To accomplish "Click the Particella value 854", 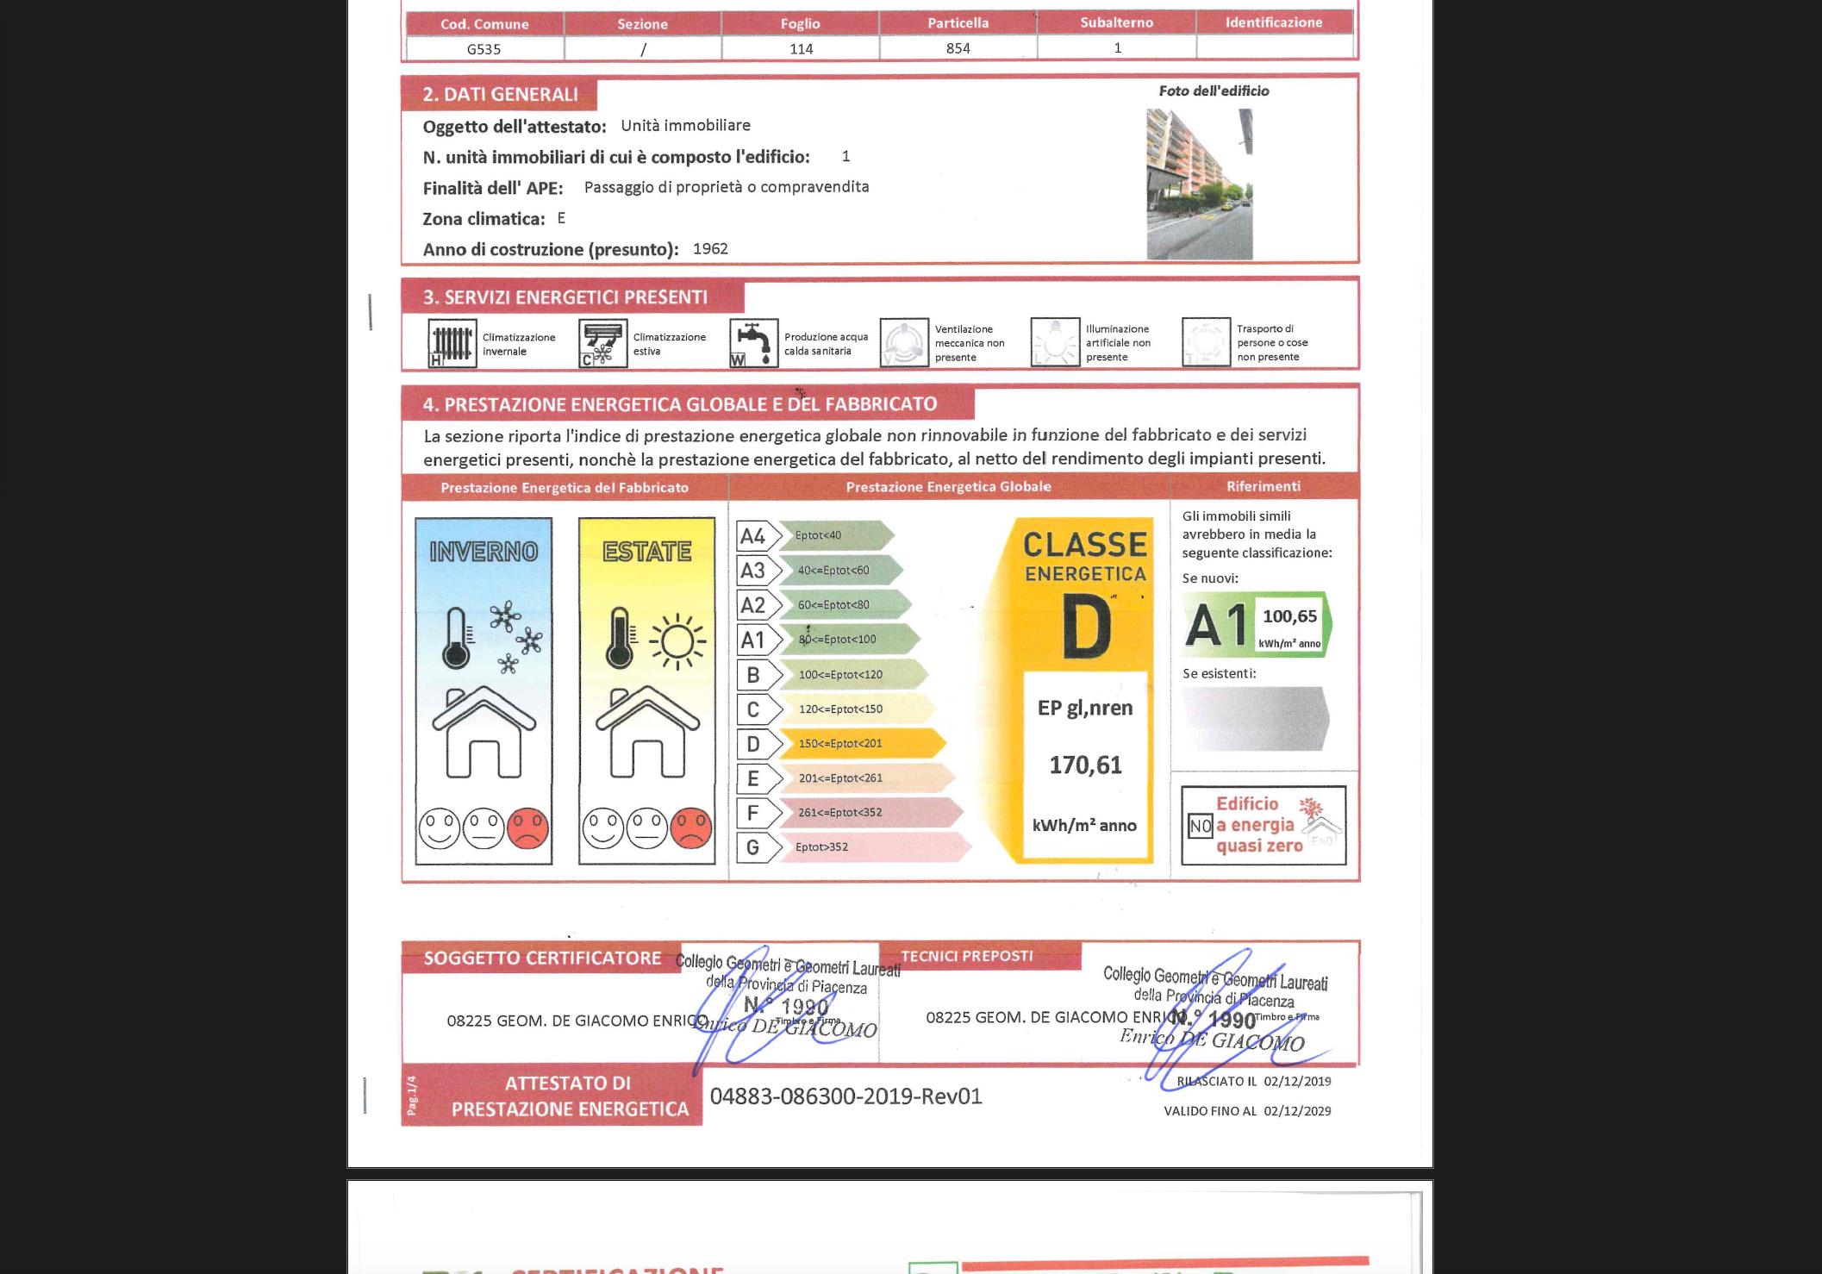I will [x=958, y=48].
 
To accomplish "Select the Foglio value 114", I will [x=801, y=49].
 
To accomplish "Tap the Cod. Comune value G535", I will [x=484, y=49].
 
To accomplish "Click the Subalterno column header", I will [x=1116, y=22].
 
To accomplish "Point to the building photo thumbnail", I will [x=1199, y=184].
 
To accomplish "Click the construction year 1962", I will [x=710, y=249].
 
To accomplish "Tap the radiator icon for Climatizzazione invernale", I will [x=452, y=343].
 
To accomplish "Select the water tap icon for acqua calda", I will [x=754, y=343].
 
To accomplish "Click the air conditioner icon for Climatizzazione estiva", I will [x=603, y=343].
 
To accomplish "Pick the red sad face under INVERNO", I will [x=527, y=828].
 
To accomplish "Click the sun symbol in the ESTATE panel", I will [x=677, y=640].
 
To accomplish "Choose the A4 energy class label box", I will [x=752, y=536].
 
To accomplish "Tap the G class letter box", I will [x=752, y=847].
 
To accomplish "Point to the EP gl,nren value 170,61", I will [x=1085, y=765].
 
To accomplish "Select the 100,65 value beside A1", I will [x=1289, y=616].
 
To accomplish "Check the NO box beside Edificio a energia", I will [x=1201, y=827].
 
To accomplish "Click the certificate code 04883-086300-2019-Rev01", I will [x=845, y=1096].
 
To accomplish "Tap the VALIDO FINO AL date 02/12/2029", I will [x=1297, y=1111].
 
